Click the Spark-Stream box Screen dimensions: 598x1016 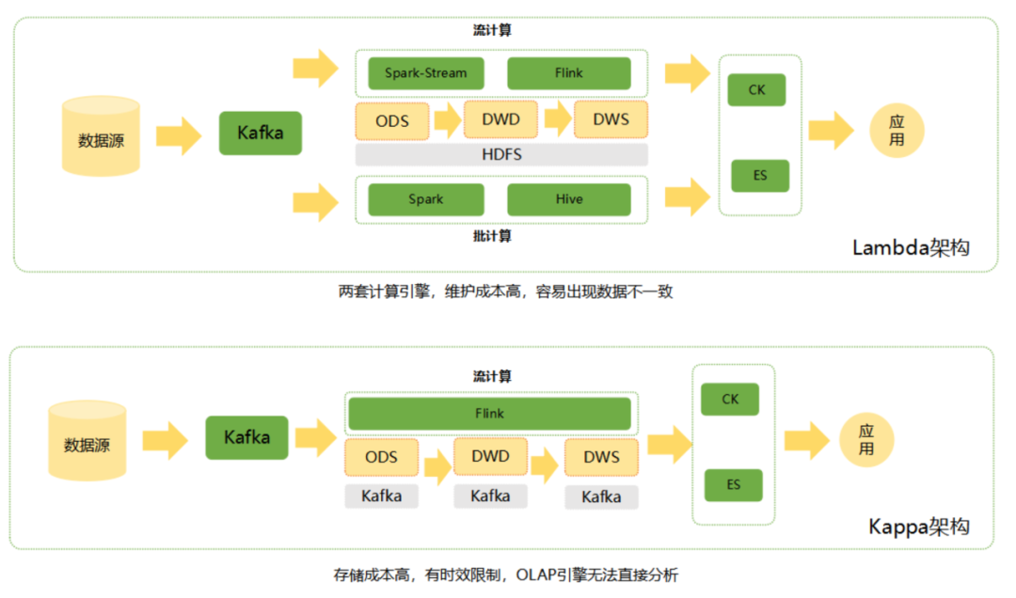coord(425,73)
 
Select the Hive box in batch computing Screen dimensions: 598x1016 coord(568,199)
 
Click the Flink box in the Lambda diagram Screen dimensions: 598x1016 coord(568,73)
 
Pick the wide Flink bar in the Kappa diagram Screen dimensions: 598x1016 coord(489,414)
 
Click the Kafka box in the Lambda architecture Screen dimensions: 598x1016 coord(260,134)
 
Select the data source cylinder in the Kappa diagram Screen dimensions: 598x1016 coord(87,441)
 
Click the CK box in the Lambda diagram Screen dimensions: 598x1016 coord(756,90)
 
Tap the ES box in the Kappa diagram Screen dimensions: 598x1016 coord(733,485)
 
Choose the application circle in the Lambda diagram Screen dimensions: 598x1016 coord(897,131)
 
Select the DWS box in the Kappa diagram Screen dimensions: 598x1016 coord(601,457)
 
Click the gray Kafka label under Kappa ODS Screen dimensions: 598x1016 coord(381,496)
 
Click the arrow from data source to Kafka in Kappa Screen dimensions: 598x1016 coord(166,439)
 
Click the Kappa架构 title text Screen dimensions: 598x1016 coord(918,527)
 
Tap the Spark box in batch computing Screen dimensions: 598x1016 coord(425,199)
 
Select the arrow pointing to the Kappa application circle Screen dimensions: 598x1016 coord(807,439)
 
